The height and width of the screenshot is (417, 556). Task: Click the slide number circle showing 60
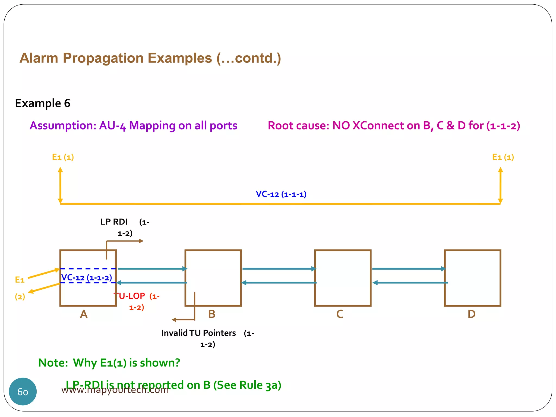(23, 391)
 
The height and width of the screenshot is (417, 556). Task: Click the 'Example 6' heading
(43, 103)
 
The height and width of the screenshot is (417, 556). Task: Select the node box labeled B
(213, 278)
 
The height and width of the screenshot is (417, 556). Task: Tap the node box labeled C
(343, 278)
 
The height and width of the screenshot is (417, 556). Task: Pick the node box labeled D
(472, 278)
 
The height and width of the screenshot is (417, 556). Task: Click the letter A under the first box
(84, 314)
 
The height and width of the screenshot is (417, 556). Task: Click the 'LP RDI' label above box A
(114, 222)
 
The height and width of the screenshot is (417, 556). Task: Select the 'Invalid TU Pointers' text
(198, 333)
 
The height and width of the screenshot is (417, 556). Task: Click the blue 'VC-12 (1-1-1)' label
(281, 194)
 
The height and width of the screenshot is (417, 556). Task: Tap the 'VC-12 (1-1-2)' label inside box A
(87, 277)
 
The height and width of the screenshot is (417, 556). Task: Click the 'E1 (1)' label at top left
(63, 157)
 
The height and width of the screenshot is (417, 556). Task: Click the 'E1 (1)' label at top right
(503, 157)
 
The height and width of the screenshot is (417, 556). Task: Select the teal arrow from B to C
(279, 269)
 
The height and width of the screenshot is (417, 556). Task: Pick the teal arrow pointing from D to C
(410, 283)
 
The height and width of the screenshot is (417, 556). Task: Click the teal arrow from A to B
(152, 269)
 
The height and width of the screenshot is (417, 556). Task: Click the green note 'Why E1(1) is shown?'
(127, 363)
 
